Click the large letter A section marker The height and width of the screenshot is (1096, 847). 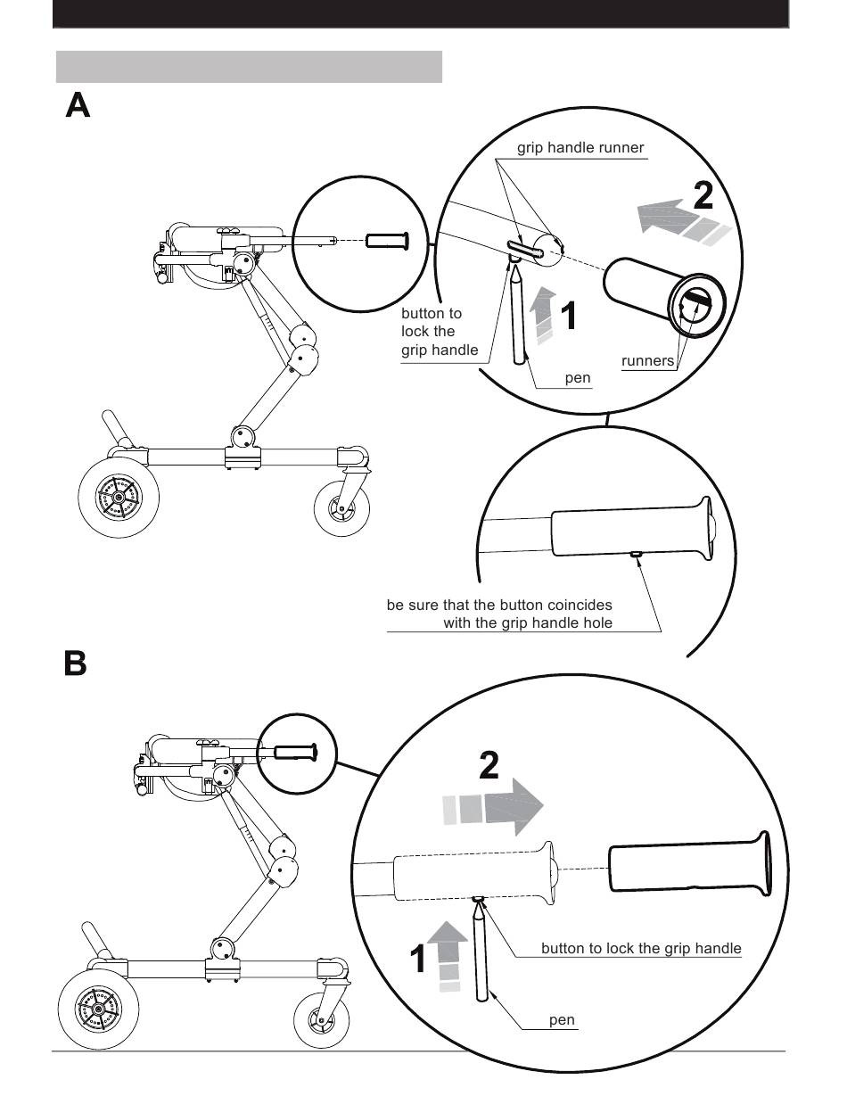[78, 105]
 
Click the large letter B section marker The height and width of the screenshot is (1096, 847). [76, 663]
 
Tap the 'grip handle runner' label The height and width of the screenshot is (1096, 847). [580, 148]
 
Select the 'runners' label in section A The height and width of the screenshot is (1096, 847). [648, 360]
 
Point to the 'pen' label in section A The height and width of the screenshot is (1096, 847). [578, 378]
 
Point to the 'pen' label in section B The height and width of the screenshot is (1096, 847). [562, 1019]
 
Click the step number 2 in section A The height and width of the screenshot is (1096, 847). [703, 194]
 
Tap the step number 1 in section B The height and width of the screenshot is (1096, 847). [418, 960]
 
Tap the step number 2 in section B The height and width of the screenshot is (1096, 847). [489, 765]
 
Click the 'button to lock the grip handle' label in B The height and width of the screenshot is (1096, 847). [641, 948]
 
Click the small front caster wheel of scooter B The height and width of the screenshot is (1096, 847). [320, 1021]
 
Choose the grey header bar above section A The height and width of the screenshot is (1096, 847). [249, 67]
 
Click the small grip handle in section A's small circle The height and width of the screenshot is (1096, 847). [387, 240]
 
